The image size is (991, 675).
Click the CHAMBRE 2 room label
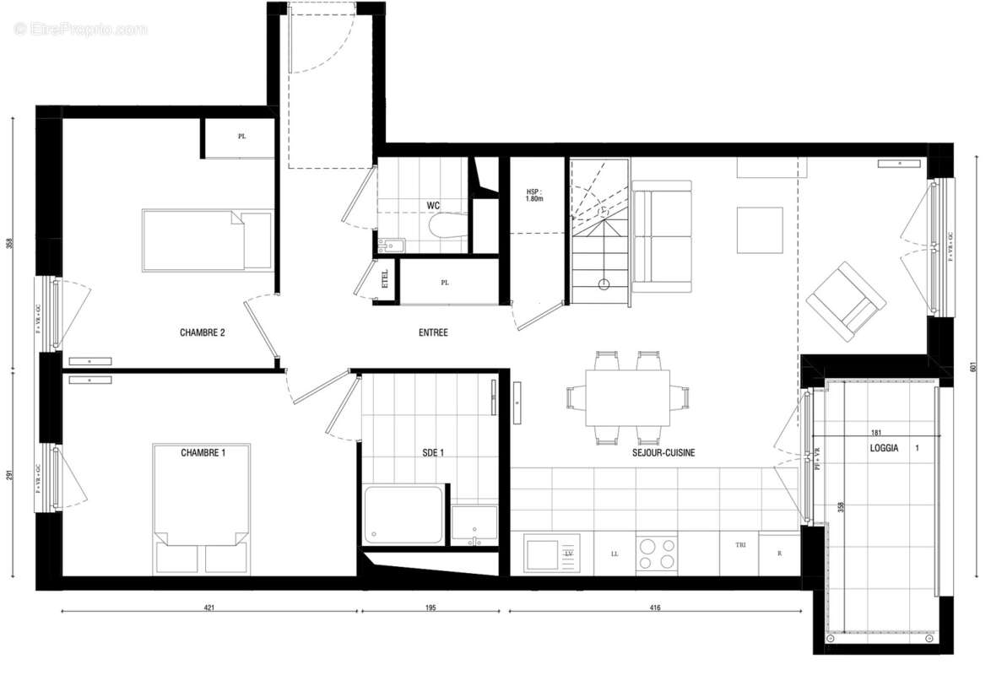[x=202, y=332]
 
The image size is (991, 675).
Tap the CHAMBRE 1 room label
[x=203, y=453]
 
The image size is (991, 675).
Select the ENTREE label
[x=433, y=332]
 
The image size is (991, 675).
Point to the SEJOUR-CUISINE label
[x=663, y=453]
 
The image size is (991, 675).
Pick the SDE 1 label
[x=432, y=453]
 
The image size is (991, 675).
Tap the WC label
[x=433, y=205]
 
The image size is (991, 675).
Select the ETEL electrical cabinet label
[x=386, y=279]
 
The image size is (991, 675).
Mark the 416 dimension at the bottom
[x=654, y=607]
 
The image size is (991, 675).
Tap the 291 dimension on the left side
[x=10, y=475]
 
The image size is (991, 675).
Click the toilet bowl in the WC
[x=447, y=227]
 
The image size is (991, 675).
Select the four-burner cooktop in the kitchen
[x=657, y=554]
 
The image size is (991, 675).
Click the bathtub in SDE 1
[x=403, y=515]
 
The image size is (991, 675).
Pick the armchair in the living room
[x=845, y=300]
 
